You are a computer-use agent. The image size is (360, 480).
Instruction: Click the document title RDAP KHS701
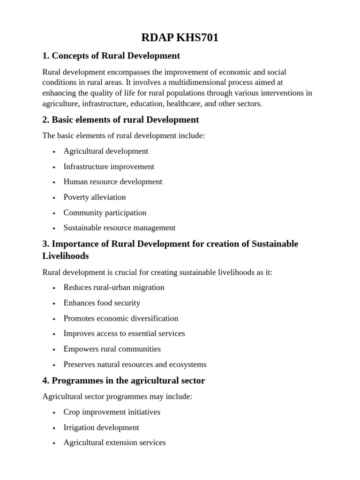click(x=180, y=37)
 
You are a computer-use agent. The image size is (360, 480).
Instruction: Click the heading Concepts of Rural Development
click(x=111, y=56)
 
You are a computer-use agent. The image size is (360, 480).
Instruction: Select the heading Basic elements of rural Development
click(x=120, y=120)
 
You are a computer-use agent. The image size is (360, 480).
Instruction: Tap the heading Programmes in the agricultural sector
click(x=124, y=381)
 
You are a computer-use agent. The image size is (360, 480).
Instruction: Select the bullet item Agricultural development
click(x=106, y=151)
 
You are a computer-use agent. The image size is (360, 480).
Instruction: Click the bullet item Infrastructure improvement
click(x=109, y=166)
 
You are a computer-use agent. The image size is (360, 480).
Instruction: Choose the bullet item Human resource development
click(x=113, y=182)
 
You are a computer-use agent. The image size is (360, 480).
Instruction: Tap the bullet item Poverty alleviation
click(x=95, y=197)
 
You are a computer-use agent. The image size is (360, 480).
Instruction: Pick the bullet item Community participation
click(x=105, y=213)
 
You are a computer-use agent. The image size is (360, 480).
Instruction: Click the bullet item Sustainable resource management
click(x=120, y=228)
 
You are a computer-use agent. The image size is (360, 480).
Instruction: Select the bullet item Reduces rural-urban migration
click(x=114, y=287)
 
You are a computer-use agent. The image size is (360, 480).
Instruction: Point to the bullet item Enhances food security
click(x=102, y=303)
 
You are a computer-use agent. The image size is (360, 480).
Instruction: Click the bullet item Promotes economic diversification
click(x=121, y=318)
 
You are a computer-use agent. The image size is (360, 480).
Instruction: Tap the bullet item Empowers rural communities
click(x=112, y=349)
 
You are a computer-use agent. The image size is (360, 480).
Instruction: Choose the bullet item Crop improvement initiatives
click(x=112, y=412)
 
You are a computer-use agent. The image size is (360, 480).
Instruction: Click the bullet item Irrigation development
click(x=101, y=427)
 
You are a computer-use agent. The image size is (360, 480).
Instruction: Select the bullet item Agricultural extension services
click(x=115, y=442)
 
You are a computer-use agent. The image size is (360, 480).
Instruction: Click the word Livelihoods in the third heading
click(x=66, y=256)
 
